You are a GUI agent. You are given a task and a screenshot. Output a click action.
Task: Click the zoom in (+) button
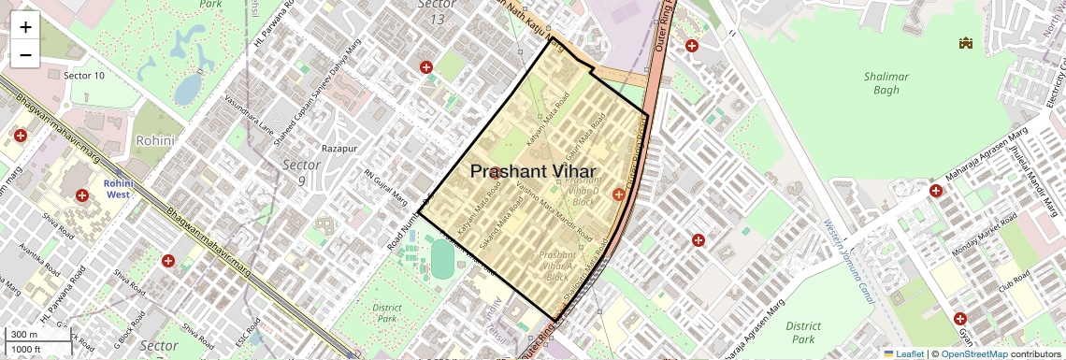(x=25, y=27)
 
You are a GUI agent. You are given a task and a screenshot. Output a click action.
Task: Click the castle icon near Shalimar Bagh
(x=966, y=43)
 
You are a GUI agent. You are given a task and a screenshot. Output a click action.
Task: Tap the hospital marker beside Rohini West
(x=82, y=195)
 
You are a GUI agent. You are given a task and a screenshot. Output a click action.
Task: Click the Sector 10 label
(x=83, y=75)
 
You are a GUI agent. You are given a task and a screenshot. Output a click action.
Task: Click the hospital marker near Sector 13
(x=426, y=67)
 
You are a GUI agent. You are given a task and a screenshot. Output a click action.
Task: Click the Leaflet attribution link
(x=903, y=353)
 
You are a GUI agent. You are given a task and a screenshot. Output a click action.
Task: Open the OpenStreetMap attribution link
(x=973, y=353)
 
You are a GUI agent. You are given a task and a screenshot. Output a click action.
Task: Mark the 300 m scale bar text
(x=23, y=334)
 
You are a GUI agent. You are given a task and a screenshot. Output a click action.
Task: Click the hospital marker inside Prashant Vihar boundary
(x=617, y=194)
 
